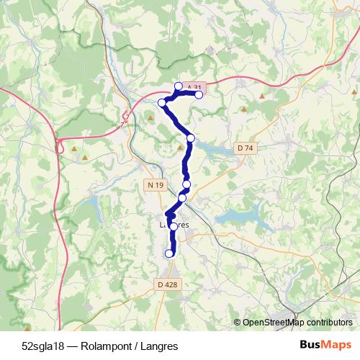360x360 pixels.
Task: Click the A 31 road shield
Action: click(x=189, y=86)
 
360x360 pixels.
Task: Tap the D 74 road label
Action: click(x=246, y=148)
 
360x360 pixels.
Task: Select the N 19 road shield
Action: click(x=156, y=186)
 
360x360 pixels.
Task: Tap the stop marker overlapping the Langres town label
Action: click(x=174, y=227)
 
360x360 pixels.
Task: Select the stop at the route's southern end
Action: click(x=170, y=253)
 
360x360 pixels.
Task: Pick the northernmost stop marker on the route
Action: click(x=179, y=86)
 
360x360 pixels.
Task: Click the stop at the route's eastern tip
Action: click(x=199, y=94)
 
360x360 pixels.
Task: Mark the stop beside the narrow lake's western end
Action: click(x=190, y=138)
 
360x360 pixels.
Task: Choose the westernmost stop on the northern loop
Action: click(x=163, y=103)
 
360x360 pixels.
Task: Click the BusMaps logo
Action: click(x=326, y=345)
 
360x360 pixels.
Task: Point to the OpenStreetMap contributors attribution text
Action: click(x=297, y=322)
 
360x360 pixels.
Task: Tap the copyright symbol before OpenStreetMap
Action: click(x=238, y=322)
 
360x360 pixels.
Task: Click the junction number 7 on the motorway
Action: click(x=123, y=124)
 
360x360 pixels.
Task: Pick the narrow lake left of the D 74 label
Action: click(x=215, y=149)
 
